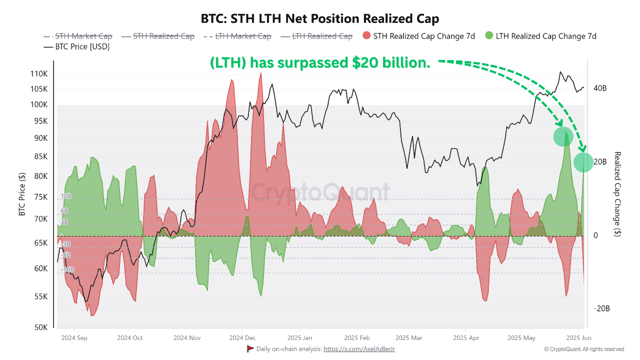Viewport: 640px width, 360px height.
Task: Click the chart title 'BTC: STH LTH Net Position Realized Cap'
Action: point(320,19)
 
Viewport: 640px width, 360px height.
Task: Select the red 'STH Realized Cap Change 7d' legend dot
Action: point(367,36)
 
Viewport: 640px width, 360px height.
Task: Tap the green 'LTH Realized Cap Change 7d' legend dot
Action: point(489,36)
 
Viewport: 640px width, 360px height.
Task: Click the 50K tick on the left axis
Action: point(41,328)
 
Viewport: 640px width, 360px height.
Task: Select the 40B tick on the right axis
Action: point(600,88)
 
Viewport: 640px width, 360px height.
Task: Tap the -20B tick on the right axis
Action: point(601,308)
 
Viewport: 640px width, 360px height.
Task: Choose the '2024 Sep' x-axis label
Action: point(74,338)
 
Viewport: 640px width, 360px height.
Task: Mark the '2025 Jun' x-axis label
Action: point(580,338)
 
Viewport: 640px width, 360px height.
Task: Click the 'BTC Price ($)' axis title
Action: point(22,193)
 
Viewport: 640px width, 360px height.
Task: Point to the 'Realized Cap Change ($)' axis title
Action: point(618,193)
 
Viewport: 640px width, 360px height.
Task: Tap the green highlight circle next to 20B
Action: point(583,162)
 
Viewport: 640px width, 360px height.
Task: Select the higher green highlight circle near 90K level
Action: point(563,137)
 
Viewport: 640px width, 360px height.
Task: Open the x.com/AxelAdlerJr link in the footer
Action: point(359,349)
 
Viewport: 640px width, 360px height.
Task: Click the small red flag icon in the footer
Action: point(250,349)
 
